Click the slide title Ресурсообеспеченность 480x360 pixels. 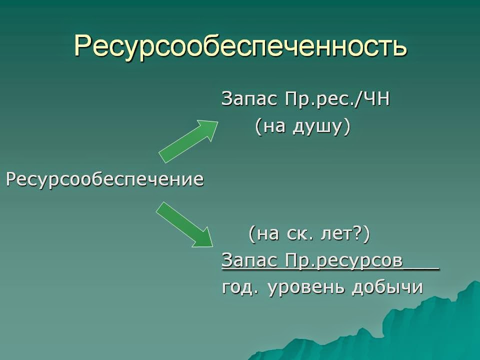tap(240, 46)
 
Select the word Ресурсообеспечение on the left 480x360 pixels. tap(105, 179)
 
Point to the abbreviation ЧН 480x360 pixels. tap(375, 99)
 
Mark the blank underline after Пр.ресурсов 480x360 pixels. tap(421, 268)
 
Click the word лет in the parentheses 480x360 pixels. tap(333, 233)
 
